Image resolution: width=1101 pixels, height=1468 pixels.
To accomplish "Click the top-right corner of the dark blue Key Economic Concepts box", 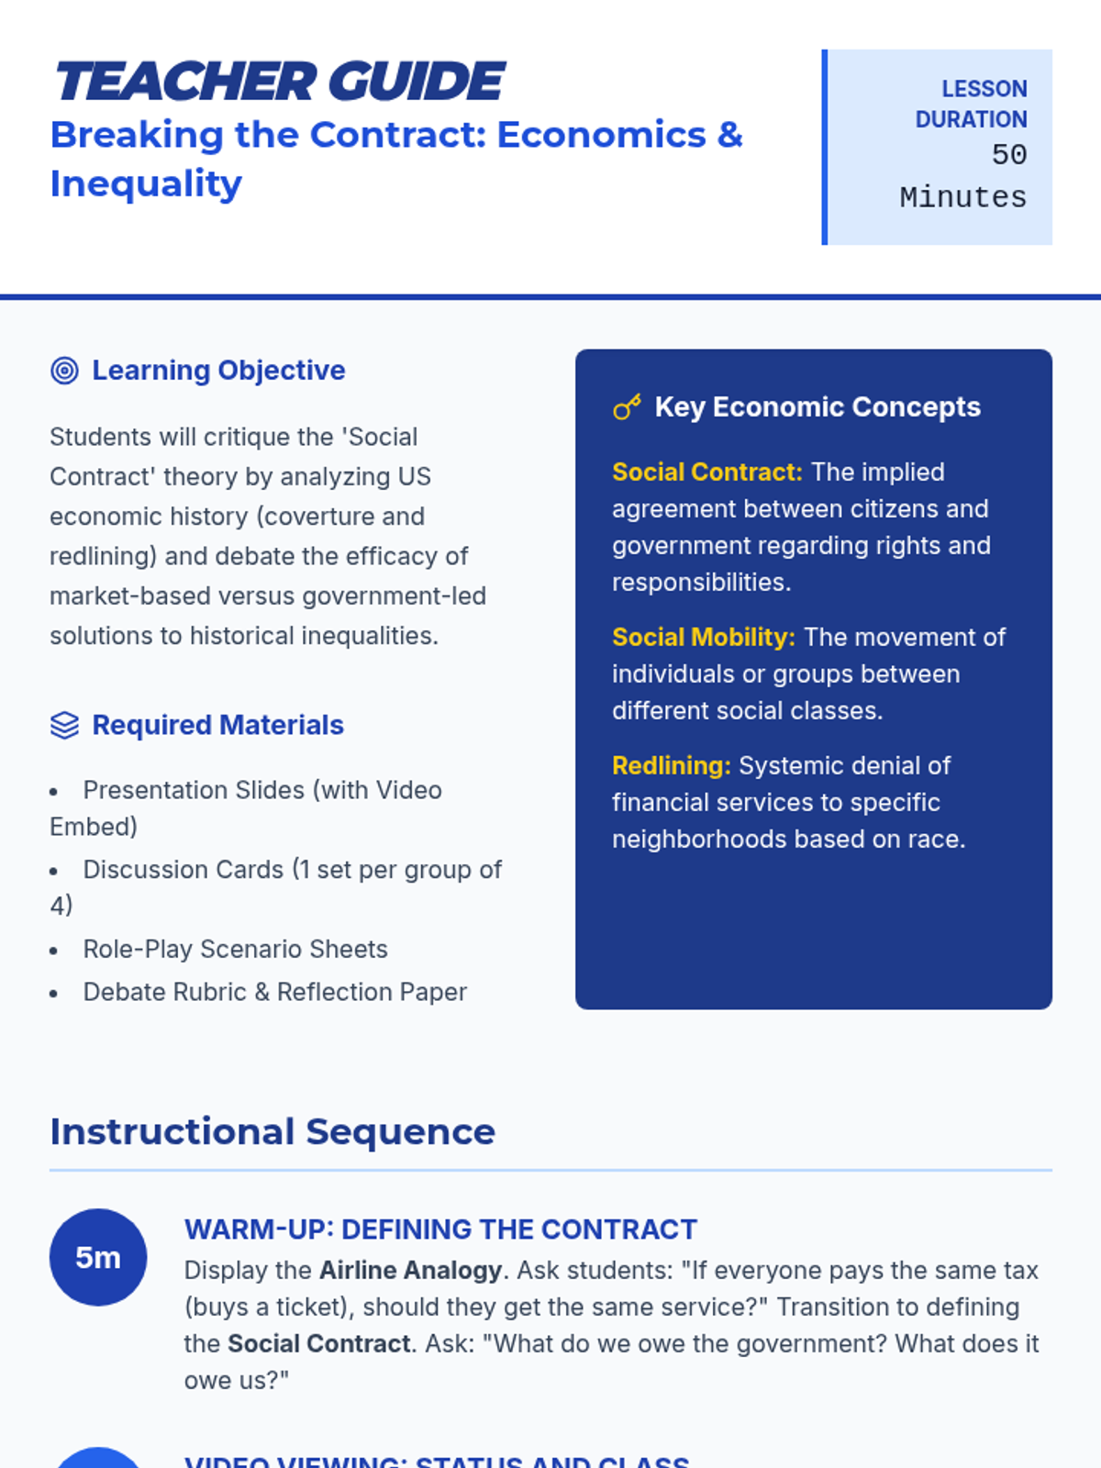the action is tap(1051, 350).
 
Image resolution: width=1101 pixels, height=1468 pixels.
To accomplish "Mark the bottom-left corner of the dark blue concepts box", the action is tap(576, 1008).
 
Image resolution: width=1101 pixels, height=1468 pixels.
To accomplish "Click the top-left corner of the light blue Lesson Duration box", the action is tap(822, 50).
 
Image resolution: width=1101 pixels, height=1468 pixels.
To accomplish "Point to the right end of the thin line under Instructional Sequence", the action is tap(1052, 1171).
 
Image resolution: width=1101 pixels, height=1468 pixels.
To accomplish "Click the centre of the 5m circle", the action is tap(98, 1257).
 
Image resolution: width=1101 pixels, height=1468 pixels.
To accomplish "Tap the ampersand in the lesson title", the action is tap(730, 135).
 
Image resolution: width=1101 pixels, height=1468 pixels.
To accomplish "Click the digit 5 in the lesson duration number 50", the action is tap(1001, 155).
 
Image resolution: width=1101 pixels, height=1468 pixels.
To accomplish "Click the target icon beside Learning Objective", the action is tap(64, 371).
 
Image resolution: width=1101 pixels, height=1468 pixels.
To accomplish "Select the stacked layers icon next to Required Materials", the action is tap(64, 726).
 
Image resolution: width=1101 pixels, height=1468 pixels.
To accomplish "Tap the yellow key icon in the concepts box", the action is tap(627, 406).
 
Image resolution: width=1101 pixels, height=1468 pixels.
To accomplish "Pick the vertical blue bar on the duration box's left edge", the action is tap(825, 147).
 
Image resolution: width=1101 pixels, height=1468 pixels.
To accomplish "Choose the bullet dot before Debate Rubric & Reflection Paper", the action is tap(53, 994).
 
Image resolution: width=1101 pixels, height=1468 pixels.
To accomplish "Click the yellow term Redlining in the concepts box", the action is tap(672, 766).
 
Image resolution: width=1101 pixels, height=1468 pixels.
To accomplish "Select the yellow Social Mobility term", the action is tap(704, 638).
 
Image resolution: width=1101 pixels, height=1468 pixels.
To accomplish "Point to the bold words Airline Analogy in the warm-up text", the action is tap(410, 1270).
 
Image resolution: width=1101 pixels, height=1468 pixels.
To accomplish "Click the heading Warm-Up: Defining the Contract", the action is tap(440, 1229).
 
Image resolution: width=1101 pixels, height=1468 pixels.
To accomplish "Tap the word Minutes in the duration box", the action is tap(963, 198).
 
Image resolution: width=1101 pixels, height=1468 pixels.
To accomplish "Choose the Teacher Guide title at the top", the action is tap(280, 82).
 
